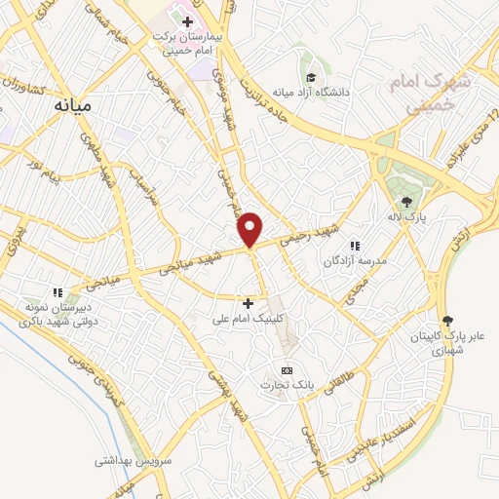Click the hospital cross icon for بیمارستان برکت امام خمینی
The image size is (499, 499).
tap(187, 19)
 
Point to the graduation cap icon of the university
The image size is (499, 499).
tap(310, 77)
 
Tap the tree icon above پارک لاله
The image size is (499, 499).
tap(406, 202)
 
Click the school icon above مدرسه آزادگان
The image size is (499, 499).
tap(355, 246)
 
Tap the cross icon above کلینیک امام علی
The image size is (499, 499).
tap(248, 303)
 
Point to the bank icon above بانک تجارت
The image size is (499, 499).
tap(286, 371)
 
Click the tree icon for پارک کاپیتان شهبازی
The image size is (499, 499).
tap(447, 320)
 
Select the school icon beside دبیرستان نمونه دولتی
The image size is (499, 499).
tap(58, 291)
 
